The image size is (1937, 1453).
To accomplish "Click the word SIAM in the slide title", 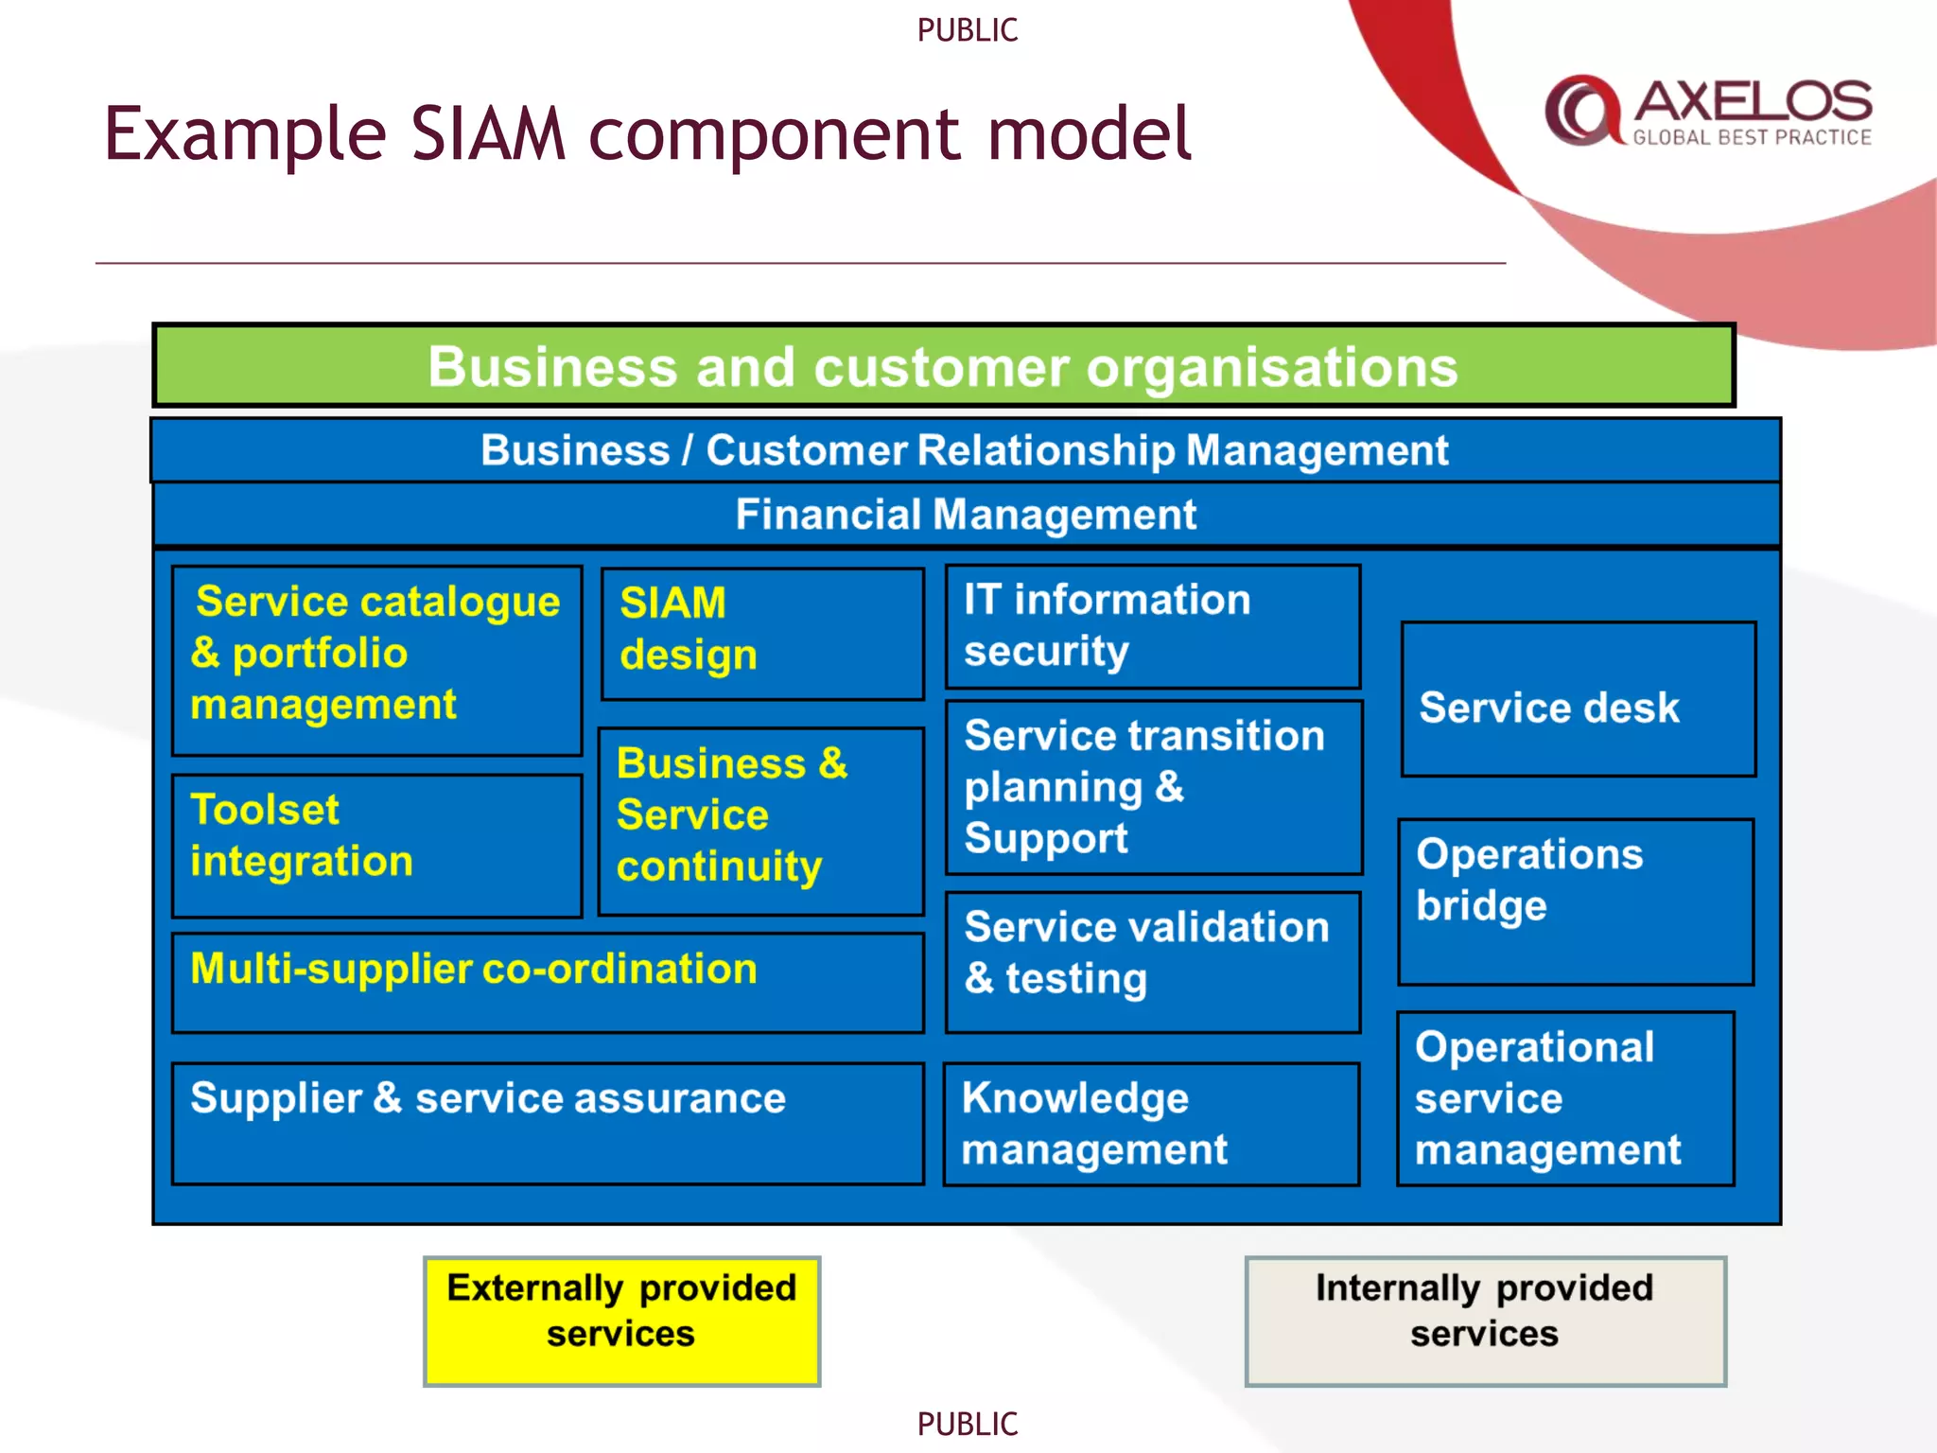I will [x=487, y=133].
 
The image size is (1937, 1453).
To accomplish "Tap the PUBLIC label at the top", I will [x=967, y=30].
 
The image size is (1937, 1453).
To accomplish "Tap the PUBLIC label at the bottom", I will [x=967, y=1424].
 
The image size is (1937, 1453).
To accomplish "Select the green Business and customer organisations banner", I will [x=943, y=366].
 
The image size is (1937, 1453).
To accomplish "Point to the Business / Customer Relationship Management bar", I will [x=964, y=450].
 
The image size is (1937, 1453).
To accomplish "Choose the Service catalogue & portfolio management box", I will [x=376, y=659].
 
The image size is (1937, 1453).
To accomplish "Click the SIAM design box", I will [x=762, y=633].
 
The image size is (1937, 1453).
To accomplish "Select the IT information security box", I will [x=1152, y=626].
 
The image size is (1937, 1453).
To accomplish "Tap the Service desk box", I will [x=1578, y=699].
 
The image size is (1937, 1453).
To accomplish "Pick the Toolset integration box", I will [x=376, y=845].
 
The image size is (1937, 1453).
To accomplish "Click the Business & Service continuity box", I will [x=761, y=820].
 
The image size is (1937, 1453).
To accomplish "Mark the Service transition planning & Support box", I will [x=1153, y=787].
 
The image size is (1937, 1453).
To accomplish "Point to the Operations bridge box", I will [x=1576, y=902].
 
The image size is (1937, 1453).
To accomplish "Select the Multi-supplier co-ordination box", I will [x=548, y=982].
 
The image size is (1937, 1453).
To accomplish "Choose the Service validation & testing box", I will [x=1152, y=961].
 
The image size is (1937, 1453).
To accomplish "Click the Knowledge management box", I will [x=1151, y=1123].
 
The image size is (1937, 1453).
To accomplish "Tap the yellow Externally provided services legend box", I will [x=621, y=1321].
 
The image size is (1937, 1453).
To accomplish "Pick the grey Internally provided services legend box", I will [x=1485, y=1321].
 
